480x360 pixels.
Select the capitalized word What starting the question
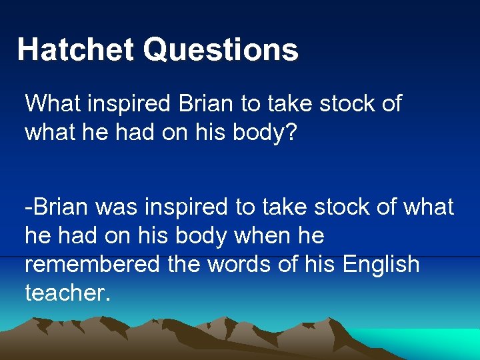coord(51,103)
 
